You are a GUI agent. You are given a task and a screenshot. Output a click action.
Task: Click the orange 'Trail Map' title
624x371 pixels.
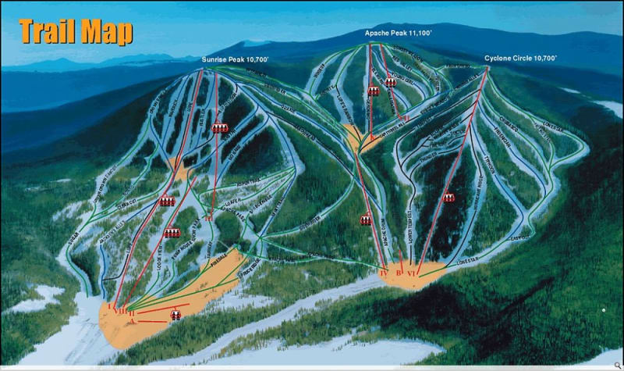tap(76, 30)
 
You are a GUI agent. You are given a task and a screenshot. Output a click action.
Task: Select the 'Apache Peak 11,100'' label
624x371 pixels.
tap(396, 34)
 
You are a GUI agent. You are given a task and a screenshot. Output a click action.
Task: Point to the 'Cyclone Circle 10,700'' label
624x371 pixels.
tap(520, 58)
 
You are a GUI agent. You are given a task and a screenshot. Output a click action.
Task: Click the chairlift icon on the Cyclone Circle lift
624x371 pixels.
tap(448, 198)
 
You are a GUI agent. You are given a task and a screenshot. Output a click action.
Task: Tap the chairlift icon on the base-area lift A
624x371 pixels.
tap(176, 314)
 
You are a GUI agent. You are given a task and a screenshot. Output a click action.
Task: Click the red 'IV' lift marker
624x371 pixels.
tap(383, 273)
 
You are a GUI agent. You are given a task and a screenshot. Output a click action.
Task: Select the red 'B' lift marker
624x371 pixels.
tap(399, 273)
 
